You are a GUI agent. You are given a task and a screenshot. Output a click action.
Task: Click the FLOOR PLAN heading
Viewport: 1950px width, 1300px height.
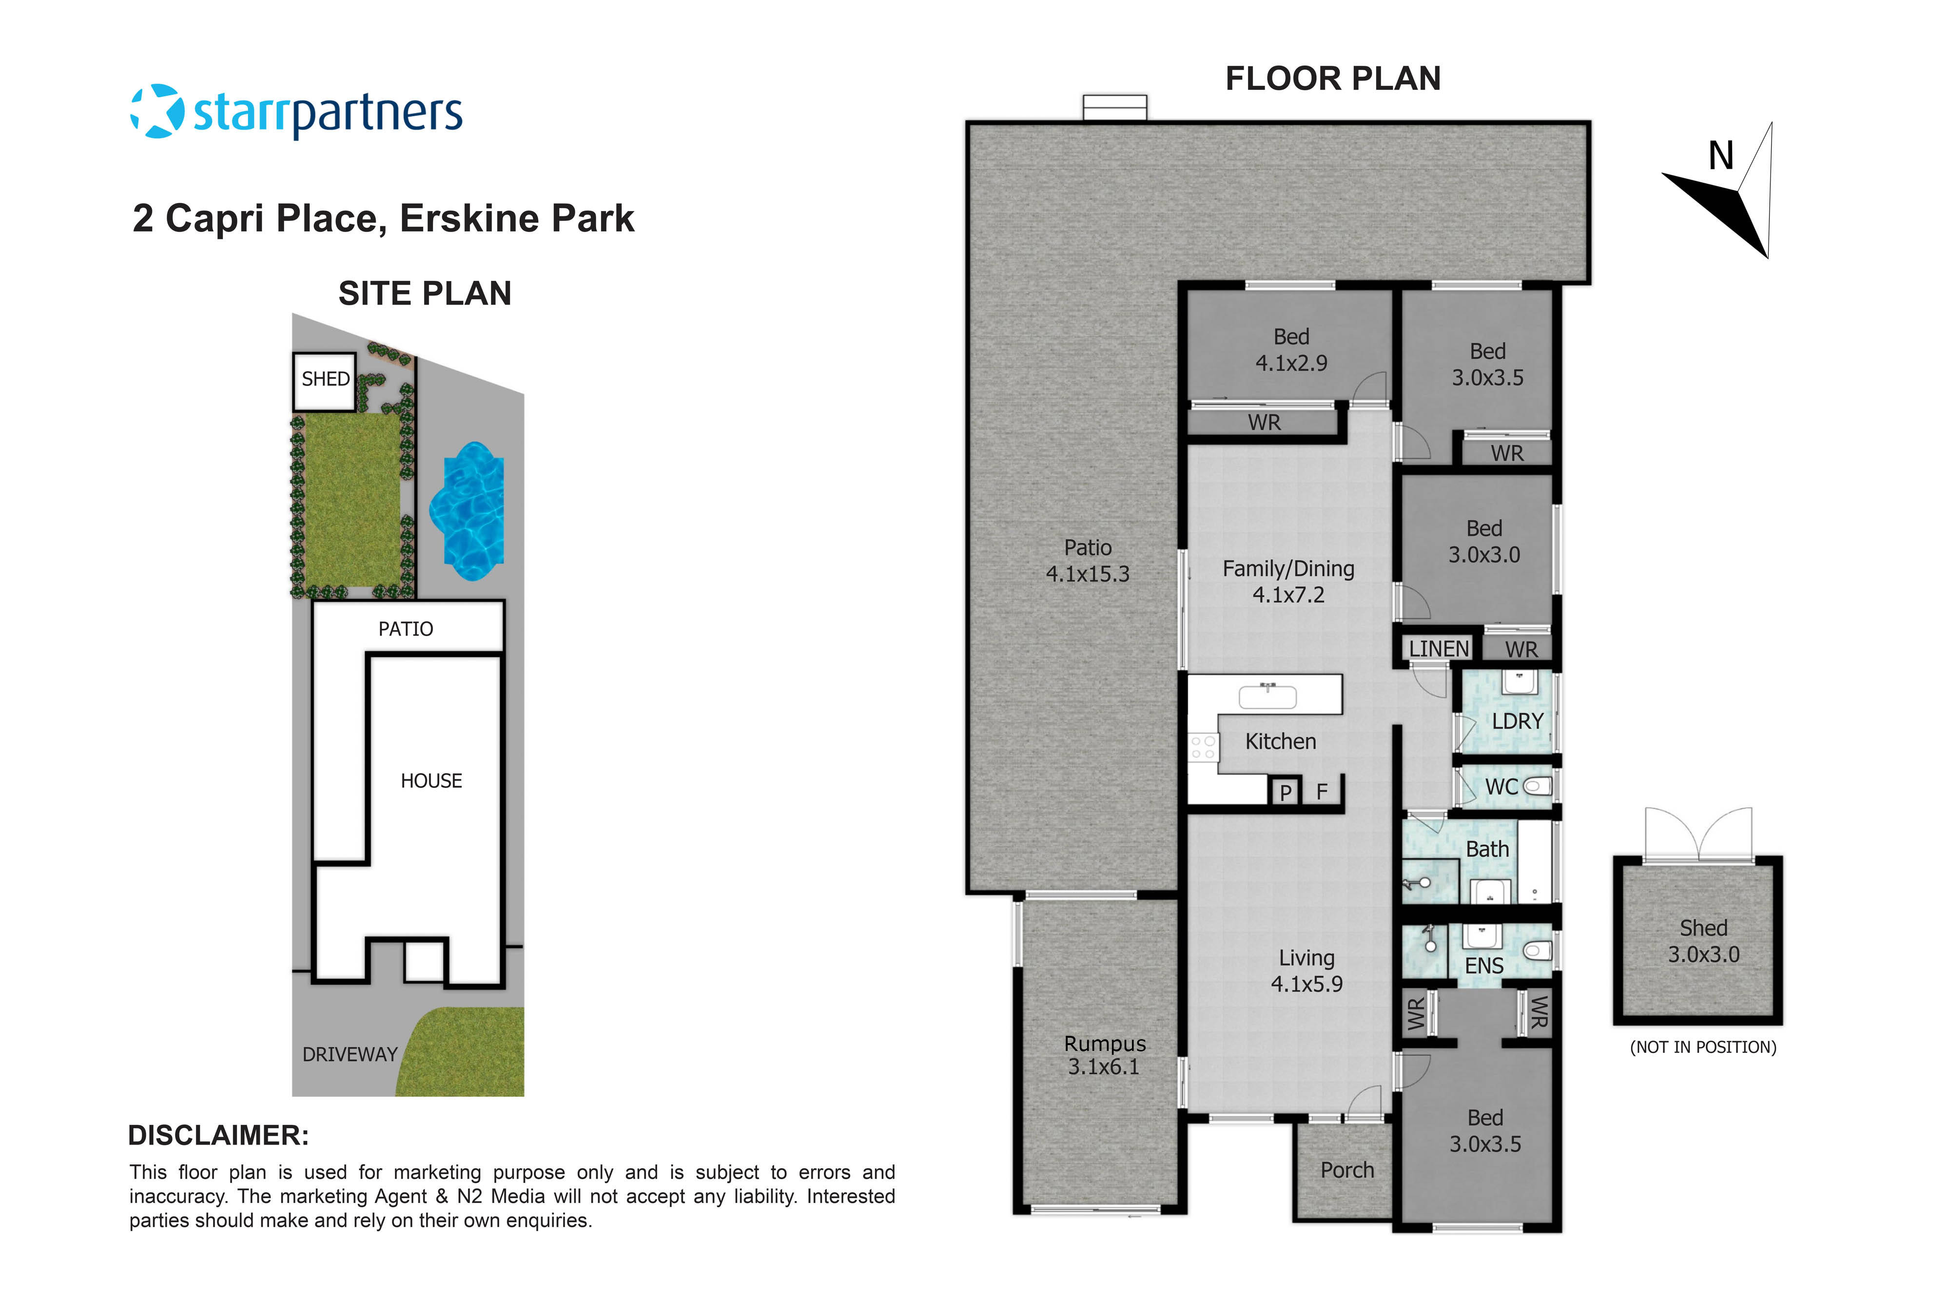[1332, 79]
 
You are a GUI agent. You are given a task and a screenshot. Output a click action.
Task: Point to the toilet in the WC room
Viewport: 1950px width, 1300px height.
[1537, 786]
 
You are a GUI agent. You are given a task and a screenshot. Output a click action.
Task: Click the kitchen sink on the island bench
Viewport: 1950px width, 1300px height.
[1267, 697]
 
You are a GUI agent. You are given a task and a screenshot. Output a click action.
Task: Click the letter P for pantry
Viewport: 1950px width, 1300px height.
[1285, 793]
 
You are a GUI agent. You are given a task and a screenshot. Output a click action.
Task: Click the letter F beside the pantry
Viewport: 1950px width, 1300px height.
[1322, 792]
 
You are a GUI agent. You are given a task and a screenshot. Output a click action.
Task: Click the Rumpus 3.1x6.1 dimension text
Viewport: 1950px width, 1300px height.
[1104, 1067]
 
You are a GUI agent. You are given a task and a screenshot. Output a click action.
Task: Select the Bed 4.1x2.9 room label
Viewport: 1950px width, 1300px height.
[1291, 350]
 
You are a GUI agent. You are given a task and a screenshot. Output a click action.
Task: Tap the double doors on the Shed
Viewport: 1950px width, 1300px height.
[1699, 835]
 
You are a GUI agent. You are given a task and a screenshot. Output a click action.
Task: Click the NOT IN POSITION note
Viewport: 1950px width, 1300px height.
[1703, 1047]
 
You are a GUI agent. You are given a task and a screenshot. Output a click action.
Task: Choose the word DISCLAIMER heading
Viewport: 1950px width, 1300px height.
[218, 1135]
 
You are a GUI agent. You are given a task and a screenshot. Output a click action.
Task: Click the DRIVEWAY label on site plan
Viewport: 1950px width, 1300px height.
[349, 1055]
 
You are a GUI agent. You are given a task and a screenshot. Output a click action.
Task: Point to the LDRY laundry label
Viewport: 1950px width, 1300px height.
[1517, 721]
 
